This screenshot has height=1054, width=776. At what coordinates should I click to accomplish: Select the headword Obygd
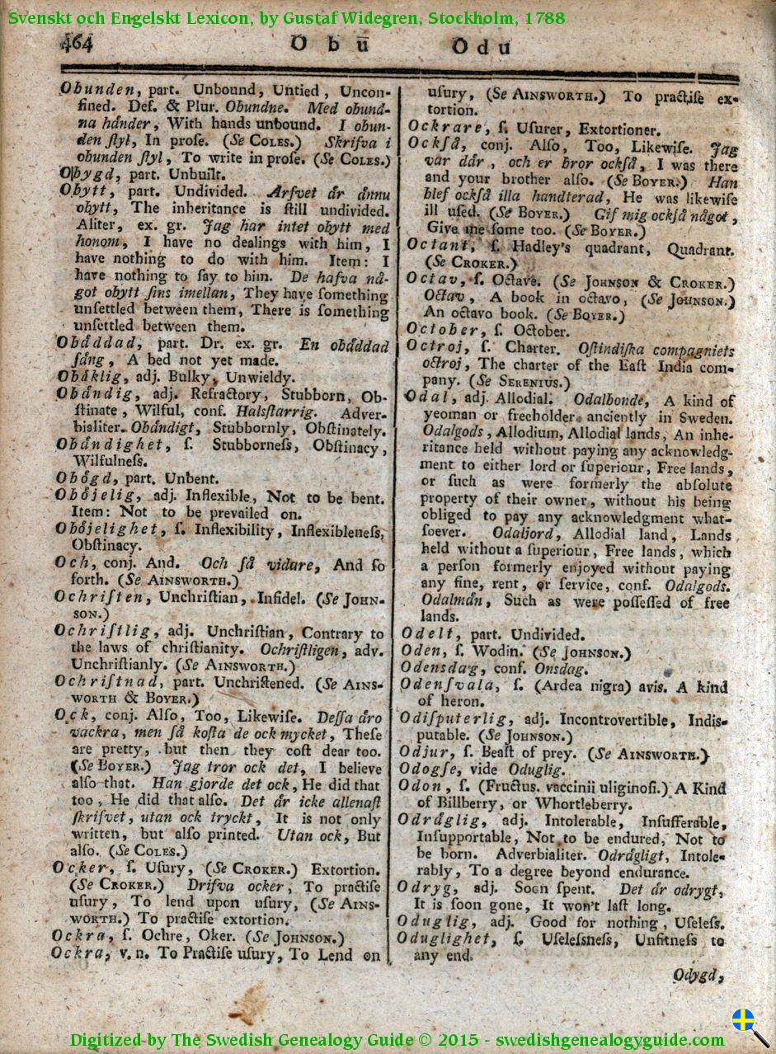[87, 174]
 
